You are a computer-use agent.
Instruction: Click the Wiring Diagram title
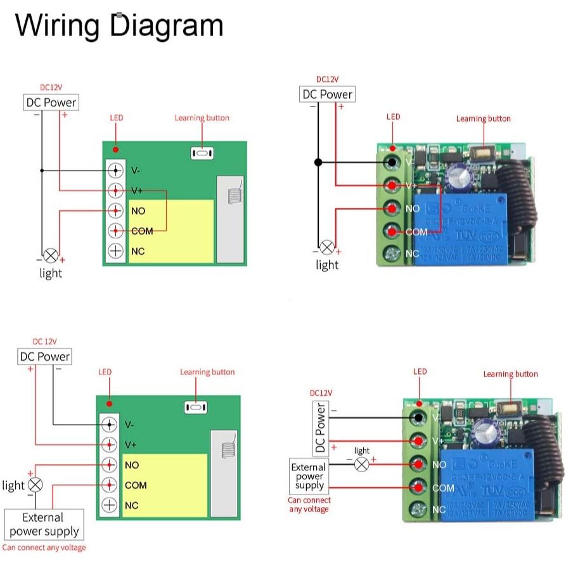(119, 25)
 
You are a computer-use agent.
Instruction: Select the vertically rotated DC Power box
(321, 428)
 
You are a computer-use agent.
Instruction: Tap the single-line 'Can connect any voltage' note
(44, 548)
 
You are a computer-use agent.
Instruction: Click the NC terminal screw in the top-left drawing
(115, 250)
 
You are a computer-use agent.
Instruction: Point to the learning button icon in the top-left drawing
(202, 153)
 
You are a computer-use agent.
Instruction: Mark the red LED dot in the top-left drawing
(115, 150)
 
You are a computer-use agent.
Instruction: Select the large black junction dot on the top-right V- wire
(318, 162)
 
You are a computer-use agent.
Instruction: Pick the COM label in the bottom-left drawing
(136, 485)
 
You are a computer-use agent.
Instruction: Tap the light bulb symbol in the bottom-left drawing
(36, 485)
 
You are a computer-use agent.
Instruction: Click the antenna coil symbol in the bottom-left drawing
(228, 451)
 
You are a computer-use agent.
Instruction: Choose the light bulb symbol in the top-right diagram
(326, 247)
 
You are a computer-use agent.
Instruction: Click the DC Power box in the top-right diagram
(327, 94)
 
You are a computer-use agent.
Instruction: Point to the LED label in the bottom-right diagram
(420, 371)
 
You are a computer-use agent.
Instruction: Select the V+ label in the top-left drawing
(137, 190)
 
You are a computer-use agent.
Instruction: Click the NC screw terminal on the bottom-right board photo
(418, 509)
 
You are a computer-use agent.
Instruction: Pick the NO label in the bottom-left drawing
(132, 465)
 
